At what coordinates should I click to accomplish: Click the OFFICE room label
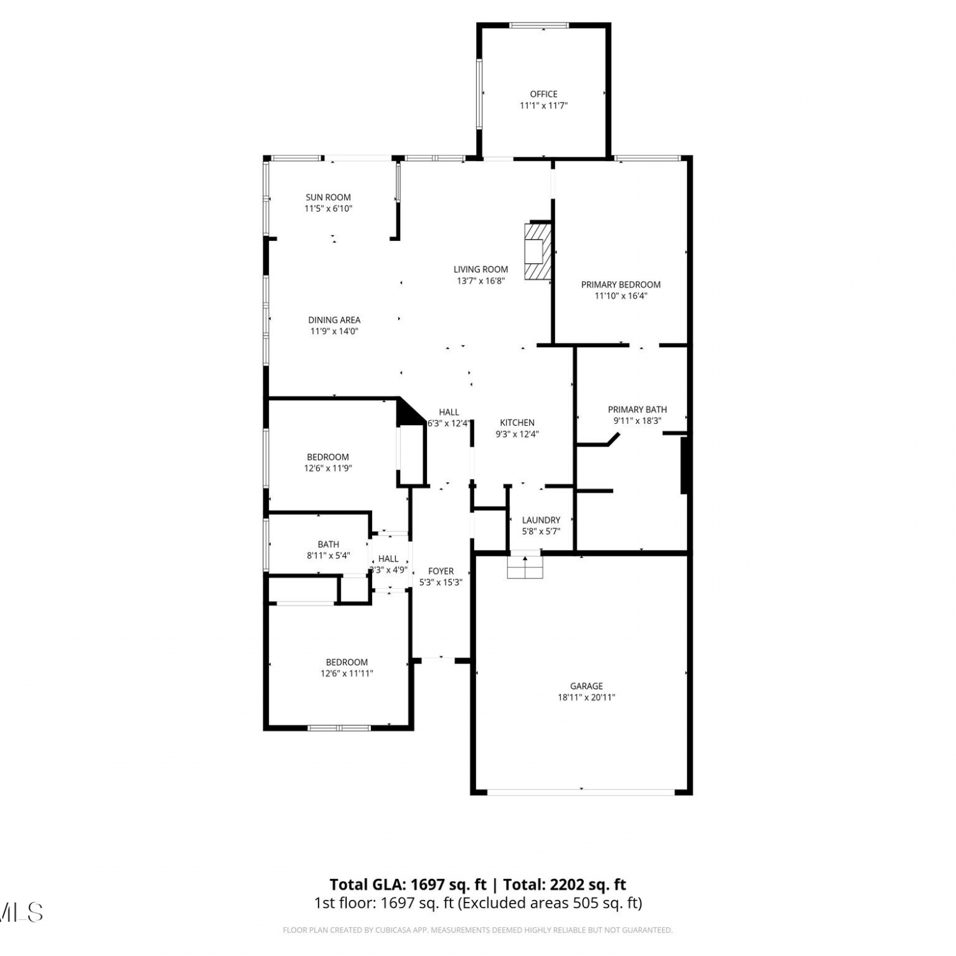pyautogui.click(x=544, y=94)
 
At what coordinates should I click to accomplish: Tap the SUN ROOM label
pyautogui.click(x=328, y=198)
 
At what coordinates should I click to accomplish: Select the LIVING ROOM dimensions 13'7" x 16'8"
pyautogui.click(x=481, y=280)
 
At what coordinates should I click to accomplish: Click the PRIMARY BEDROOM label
pyautogui.click(x=621, y=285)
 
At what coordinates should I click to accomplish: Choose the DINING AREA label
pyautogui.click(x=335, y=320)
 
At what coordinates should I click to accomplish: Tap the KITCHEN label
pyautogui.click(x=517, y=423)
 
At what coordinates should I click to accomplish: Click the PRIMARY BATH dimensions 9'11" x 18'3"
pyautogui.click(x=637, y=421)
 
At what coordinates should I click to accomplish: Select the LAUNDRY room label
pyautogui.click(x=541, y=520)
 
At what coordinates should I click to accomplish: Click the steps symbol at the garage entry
pyautogui.click(x=525, y=566)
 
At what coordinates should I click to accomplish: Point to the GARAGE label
pyautogui.click(x=586, y=686)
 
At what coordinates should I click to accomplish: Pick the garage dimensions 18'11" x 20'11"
pyautogui.click(x=586, y=697)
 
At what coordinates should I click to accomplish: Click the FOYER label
pyautogui.click(x=441, y=572)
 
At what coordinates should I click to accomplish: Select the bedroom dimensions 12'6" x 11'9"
pyautogui.click(x=328, y=468)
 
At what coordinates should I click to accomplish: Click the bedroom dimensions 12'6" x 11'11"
pyautogui.click(x=347, y=673)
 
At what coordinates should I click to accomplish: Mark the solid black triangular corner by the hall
pyautogui.click(x=408, y=412)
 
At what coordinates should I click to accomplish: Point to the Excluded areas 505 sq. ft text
pyautogui.click(x=550, y=903)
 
